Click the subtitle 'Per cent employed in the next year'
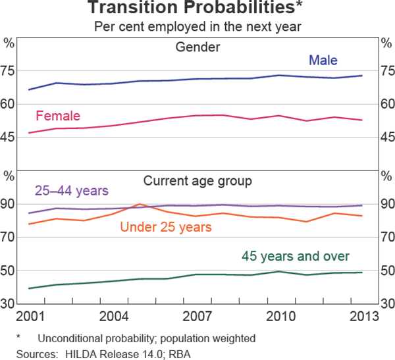[x=197, y=27]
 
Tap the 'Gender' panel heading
[x=197, y=47]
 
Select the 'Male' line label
[x=323, y=61]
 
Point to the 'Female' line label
[x=58, y=116]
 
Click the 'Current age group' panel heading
[x=197, y=180]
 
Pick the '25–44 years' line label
[x=71, y=191]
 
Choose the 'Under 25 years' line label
[x=166, y=227]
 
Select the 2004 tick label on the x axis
[x=115, y=315]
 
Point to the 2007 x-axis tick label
[x=197, y=315]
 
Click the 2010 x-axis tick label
[x=280, y=315]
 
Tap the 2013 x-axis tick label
[x=363, y=315]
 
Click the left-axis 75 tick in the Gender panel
[x=9, y=70]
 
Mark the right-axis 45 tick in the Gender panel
[x=386, y=138]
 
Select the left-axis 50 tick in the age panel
[x=9, y=270]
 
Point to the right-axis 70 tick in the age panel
[x=386, y=237]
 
